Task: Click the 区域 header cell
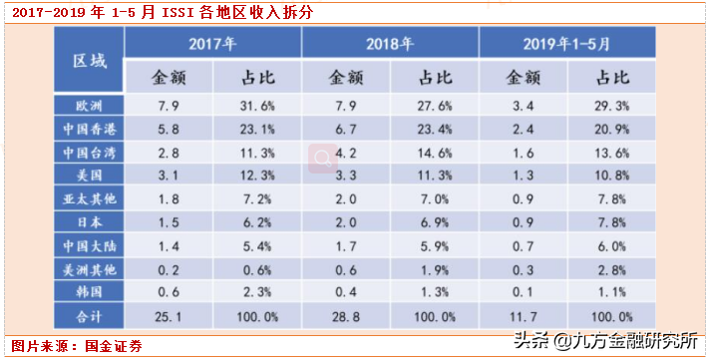pyautogui.click(x=89, y=59)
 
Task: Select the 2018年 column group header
pyautogui.click(x=390, y=43)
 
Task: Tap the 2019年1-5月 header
pyautogui.click(x=567, y=43)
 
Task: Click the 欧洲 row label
pyautogui.click(x=89, y=106)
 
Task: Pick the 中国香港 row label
pyautogui.click(x=89, y=129)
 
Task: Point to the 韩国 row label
pyautogui.click(x=89, y=291)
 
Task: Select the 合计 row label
pyautogui.click(x=89, y=316)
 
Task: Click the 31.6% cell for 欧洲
pyautogui.click(x=256, y=106)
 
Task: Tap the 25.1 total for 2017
pyautogui.click(x=168, y=317)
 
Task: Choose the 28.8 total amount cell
pyautogui.click(x=346, y=317)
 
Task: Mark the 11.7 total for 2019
pyautogui.click(x=523, y=317)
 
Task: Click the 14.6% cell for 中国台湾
pyautogui.click(x=434, y=153)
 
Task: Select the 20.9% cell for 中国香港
pyautogui.click(x=611, y=130)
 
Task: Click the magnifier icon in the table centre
pyautogui.click(x=323, y=159)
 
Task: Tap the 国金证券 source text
pyautogui.click(x=114, y=346)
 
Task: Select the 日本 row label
pyautogui.click(x=89, y=222)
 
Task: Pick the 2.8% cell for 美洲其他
pyautogui.click(x=611, y=270)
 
